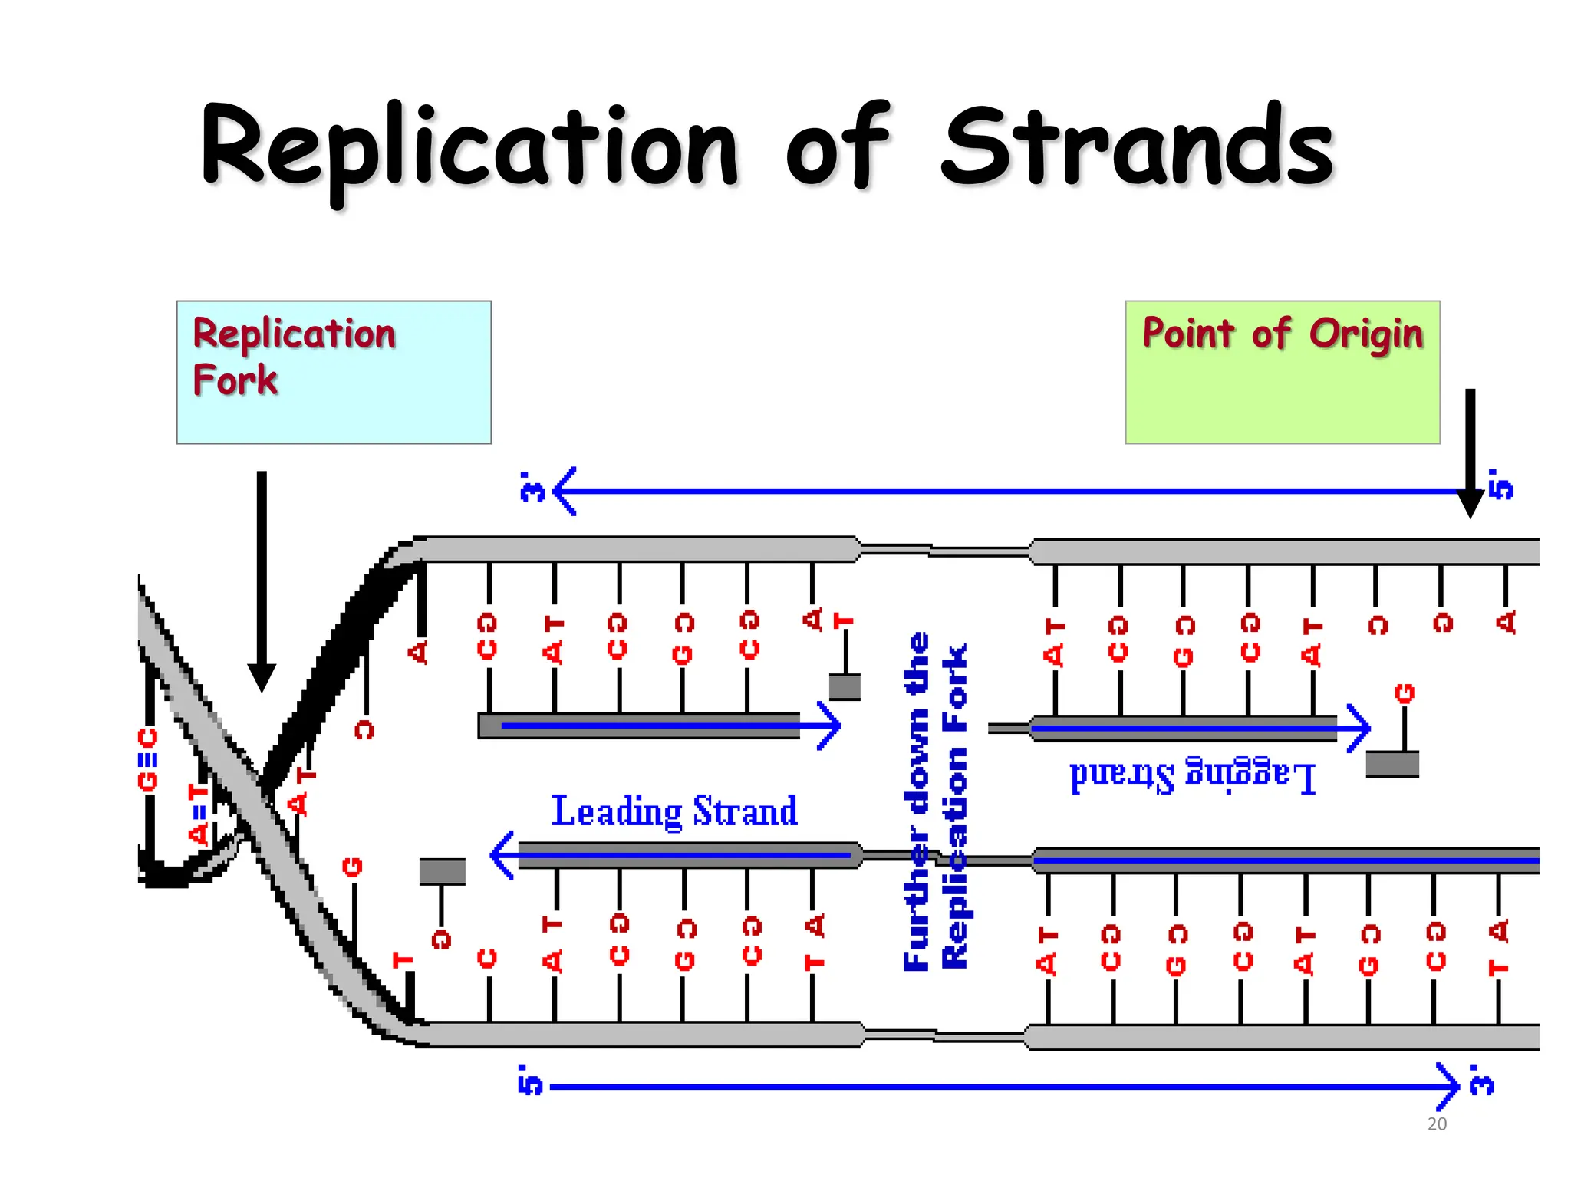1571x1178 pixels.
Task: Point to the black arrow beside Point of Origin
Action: [1470, 452]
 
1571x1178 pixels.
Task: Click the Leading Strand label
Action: [674, 811]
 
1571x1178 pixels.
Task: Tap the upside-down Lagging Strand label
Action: [1193, 775]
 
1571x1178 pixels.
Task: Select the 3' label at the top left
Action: [532, 488]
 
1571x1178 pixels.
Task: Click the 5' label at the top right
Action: [1500, 485]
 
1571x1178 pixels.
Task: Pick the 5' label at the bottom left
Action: [530, 1081]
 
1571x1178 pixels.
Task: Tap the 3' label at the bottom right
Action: [1482, 1080]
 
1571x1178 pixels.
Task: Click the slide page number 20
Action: [1437, 1124]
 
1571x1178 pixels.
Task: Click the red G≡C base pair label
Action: [147, 759]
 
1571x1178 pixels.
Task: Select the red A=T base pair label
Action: [199, 814]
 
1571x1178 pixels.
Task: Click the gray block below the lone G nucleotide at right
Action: [1392, 764]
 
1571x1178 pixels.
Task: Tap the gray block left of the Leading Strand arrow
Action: [442, 871]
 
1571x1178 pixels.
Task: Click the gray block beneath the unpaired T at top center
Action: [845, 686]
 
